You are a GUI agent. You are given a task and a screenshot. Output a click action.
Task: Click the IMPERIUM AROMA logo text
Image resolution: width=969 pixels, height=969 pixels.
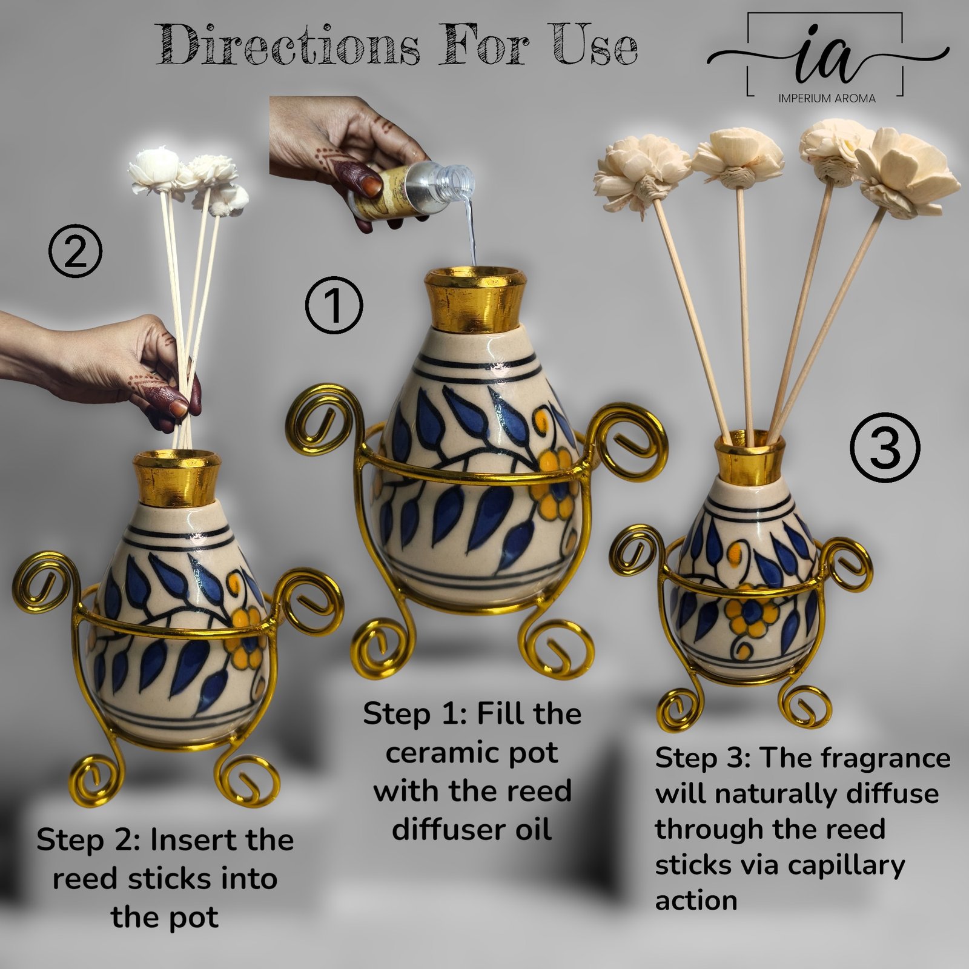coord(827,98)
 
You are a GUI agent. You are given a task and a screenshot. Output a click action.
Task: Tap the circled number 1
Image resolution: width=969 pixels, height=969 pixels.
coord(334,305)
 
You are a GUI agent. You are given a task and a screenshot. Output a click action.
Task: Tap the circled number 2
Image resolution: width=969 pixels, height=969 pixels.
coord(75,253)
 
